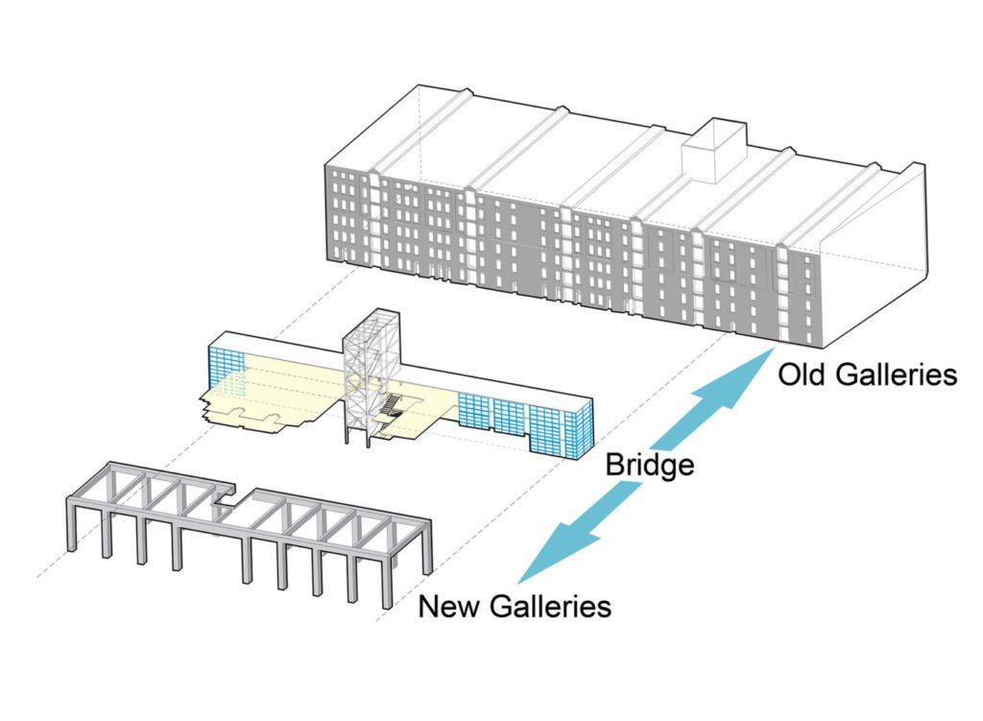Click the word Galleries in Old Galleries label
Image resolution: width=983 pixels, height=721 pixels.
click(x=897, y=373)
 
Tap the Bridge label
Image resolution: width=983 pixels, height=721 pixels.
click(x=649, y=467)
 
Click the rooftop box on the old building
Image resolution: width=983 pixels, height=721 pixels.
click(x=712, y=152)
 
